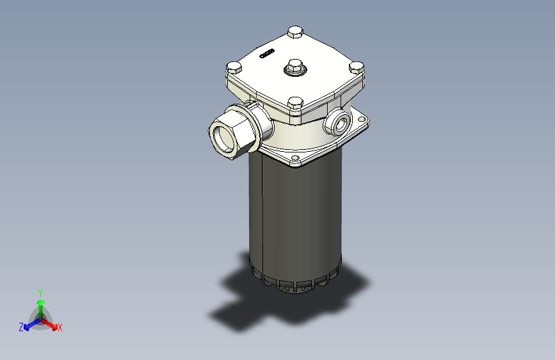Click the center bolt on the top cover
(x=294, y=65)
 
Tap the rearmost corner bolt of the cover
(x=295, y=32)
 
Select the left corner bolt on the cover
(x=233, y=67)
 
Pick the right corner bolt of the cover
(x=357, y=67)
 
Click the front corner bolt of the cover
(x=295, y=103)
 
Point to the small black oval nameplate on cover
(x=267, y=53)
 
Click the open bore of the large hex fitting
(x=224, y=136)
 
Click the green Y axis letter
(x=40, y=291)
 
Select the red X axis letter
(x=60, y=328)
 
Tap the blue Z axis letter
(x=21, y=327)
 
